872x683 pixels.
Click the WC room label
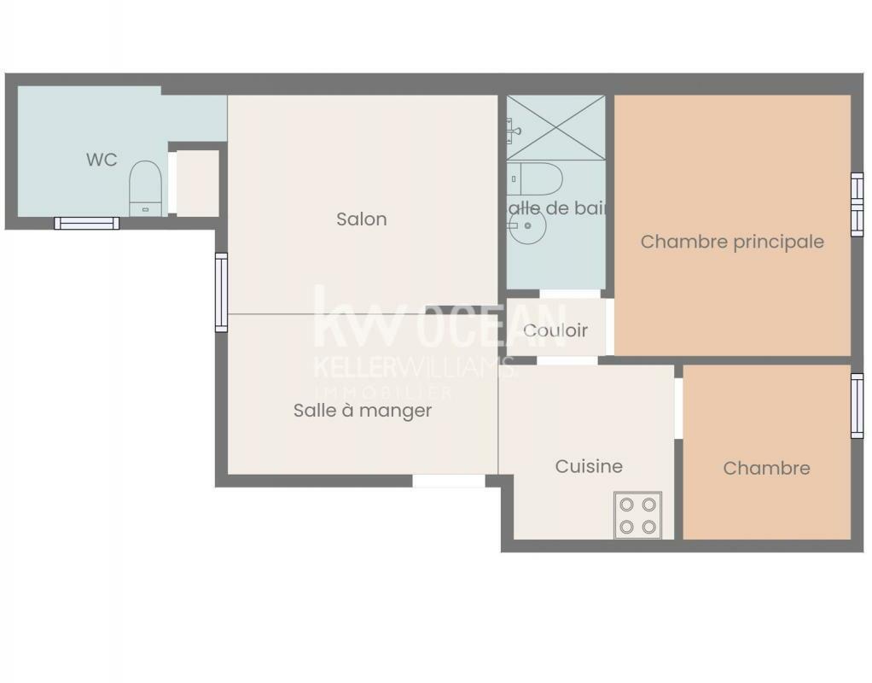102,160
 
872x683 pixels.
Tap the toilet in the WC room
145,187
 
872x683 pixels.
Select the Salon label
361,219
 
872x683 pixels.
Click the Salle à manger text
363,411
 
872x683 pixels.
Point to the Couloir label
555,330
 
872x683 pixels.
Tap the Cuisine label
589,466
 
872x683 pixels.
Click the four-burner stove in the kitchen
637,515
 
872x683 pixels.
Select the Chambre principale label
732,242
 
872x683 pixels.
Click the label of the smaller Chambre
766,468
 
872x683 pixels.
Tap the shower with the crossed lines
555,128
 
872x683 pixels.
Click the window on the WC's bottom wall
87,224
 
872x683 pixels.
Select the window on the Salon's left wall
221,292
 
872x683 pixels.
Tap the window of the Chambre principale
857,204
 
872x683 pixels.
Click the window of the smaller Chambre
857,406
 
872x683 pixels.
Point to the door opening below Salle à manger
449,481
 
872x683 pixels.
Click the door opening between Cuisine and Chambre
679,408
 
